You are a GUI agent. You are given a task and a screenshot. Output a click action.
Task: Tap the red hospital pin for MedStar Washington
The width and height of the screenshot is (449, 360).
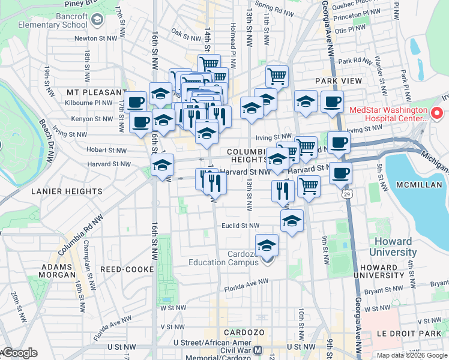pyautogui.click(x=436, y=113)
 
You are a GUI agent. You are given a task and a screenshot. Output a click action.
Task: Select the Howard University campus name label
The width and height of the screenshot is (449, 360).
pyautogui.click(x=394, y=247)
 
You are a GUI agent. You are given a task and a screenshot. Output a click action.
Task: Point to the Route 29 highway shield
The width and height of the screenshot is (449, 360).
pyautogui.click(x=346, y=195)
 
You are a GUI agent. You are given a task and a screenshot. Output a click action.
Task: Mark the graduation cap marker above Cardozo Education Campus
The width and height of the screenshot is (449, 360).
pyautogui.click(x=267, y=245)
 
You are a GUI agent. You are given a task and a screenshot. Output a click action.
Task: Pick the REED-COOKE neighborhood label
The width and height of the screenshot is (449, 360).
pyautogui.click(x=127, y=269)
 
